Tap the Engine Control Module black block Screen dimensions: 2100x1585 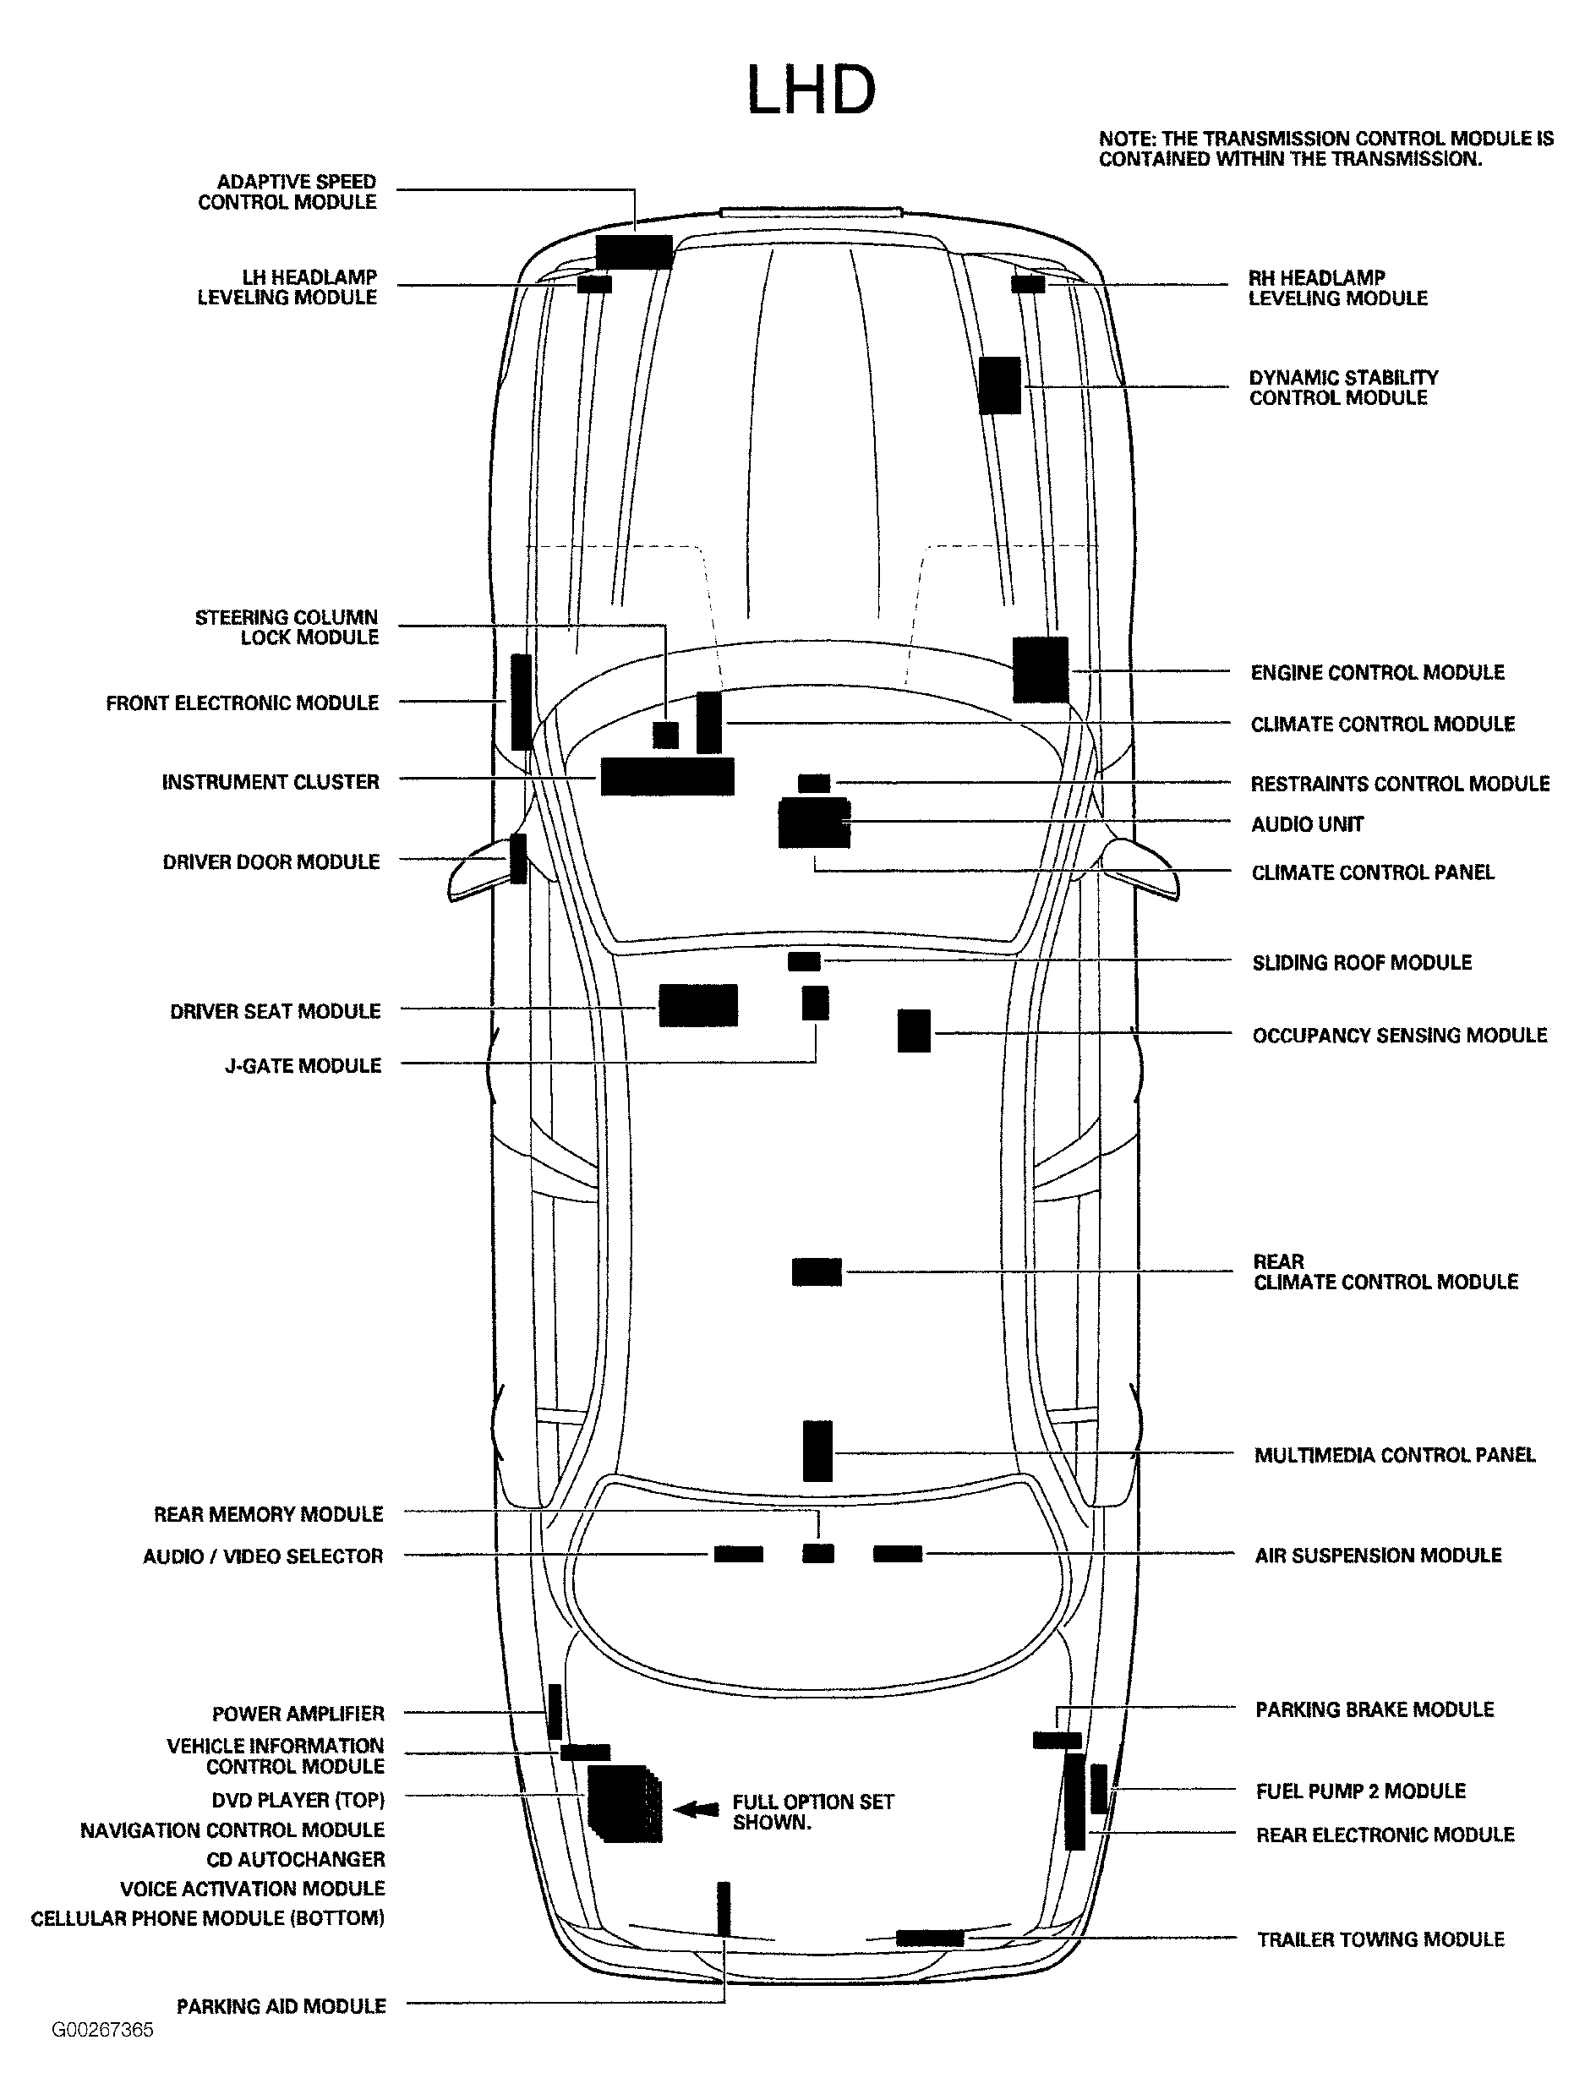click(x=1041, y=670)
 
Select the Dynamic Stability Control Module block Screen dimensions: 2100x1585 click(x=999, y=386)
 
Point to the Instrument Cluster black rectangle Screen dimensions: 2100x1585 click(x=667, y=777)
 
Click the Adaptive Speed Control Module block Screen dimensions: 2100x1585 click(x=634, y=252)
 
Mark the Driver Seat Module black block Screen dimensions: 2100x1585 click(x=697, y=1005)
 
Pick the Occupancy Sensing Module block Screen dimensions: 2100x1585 click(x=914, y=1031)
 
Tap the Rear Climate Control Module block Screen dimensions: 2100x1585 click(x=817, y=1272)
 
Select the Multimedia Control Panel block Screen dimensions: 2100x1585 click(x=817, y=1451)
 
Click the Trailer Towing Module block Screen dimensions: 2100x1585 click(x=929, y=1938)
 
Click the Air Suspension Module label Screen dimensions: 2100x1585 click(x=1377, y=1555)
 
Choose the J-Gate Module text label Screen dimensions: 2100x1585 click(x=303, y=1065)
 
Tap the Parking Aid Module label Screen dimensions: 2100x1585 click(x=281, y=2006)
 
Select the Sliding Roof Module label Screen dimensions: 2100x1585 click(x=1361, y=963)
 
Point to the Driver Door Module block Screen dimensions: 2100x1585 click(x=518, y=858)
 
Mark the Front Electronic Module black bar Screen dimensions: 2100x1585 click(x=520, y=702)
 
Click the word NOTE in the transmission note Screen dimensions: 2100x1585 click(x=1124, y=139)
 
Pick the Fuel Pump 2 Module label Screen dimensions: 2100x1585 click(x=1360, y=1791)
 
